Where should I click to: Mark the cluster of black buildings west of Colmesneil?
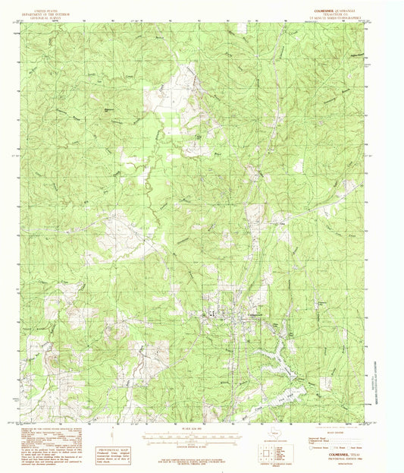point(213,314)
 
